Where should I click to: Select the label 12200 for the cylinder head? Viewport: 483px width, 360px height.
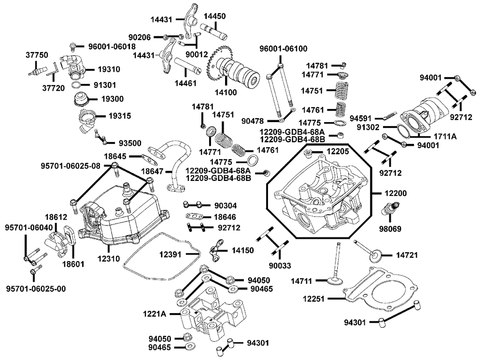tap(396, 193)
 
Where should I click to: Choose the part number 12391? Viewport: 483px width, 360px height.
tap(172, 253)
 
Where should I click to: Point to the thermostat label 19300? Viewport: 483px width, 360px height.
tap(112, 99)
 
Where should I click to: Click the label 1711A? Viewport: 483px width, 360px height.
tap(445, 137)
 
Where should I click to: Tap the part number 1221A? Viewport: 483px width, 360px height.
tap(155, 314)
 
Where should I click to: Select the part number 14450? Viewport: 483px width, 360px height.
tap(214, 16)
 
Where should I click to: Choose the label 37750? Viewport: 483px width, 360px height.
tap(37, 55)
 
